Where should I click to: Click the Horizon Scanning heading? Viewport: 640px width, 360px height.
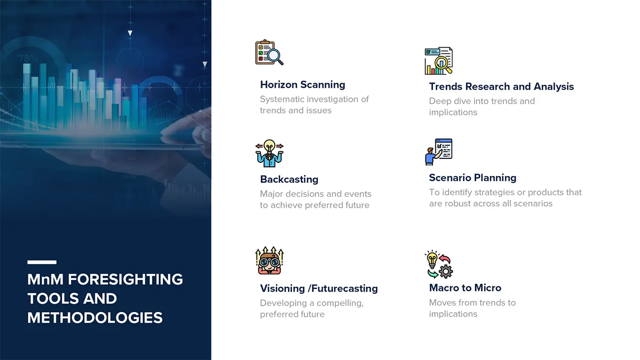(302, 85)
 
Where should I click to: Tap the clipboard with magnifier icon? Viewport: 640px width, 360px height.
(269, 52)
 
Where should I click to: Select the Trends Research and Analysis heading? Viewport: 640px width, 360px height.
(501, 86)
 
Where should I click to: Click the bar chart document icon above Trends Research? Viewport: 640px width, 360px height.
(438, 61)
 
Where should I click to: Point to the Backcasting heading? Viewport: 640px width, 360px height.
(289, 179)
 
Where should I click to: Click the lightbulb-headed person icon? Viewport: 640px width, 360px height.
(270, 153)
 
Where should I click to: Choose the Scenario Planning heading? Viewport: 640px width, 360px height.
(473, 177)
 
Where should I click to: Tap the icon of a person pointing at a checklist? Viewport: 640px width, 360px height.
(438, 152)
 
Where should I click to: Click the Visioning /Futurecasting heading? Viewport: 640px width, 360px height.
(319, 288)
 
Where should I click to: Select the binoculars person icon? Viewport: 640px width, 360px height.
(270, 260)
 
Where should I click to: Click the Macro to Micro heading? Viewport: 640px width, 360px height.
(465, 288)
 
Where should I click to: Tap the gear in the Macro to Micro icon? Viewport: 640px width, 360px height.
(445, 271)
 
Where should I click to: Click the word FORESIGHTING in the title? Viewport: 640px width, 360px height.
(125, 279)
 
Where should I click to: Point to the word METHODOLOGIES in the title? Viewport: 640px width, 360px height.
(95, 318)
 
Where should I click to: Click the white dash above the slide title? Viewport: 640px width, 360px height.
(42, 262)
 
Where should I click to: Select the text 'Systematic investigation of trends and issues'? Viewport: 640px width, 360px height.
(314, 105)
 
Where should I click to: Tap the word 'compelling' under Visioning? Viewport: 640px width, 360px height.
(340, 303)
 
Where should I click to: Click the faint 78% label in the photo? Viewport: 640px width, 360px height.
(28, 59)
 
